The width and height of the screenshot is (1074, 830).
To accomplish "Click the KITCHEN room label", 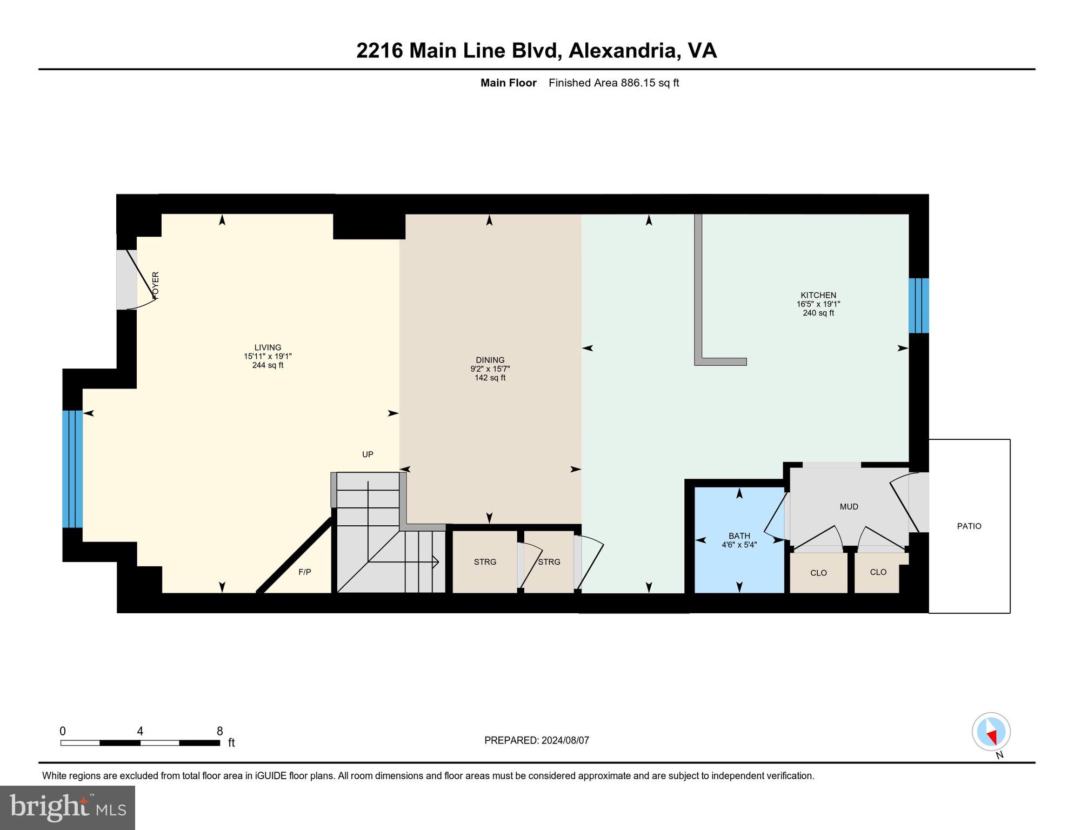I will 818,295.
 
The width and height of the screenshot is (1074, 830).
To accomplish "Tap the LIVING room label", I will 268,347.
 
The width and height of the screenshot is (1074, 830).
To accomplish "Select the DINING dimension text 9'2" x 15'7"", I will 490,369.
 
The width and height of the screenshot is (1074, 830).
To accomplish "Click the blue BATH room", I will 739,562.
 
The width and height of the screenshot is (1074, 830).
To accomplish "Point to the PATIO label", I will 969,526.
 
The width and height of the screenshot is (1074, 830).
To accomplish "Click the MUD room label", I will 849,506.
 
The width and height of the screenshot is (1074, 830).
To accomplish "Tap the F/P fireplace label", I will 305,572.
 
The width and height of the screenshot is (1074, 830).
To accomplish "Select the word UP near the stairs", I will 368,454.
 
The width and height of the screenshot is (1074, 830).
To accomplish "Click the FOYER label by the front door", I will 156,285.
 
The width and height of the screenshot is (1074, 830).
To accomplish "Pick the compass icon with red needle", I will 991,732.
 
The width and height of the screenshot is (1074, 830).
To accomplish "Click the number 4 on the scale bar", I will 140,731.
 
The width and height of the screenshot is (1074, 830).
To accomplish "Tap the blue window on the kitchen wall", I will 918,305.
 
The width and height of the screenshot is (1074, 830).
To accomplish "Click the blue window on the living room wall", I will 72,468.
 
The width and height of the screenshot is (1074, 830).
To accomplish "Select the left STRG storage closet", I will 485,562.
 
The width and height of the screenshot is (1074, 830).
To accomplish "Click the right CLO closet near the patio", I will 878,572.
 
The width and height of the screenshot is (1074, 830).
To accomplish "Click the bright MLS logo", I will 68,807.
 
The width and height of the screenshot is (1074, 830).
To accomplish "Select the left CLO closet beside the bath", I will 818,573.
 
